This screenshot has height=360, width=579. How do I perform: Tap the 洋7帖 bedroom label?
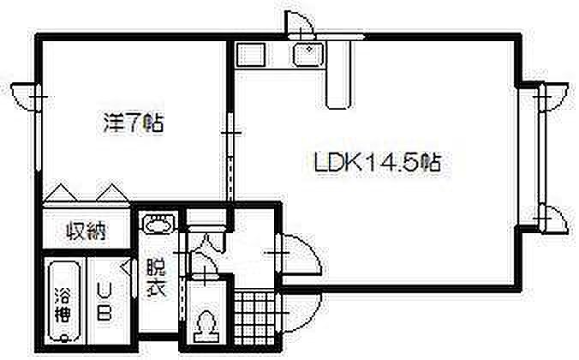point(133,122)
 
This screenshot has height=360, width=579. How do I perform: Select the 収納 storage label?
point(86,231)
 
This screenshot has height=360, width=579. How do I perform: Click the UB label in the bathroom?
point(104,302)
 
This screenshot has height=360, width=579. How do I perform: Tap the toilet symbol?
point(206,327)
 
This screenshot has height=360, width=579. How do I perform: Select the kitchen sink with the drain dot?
point(307,55)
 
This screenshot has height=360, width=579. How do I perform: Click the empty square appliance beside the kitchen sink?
point(251,55)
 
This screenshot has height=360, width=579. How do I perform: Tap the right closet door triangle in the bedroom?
point(111,193)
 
